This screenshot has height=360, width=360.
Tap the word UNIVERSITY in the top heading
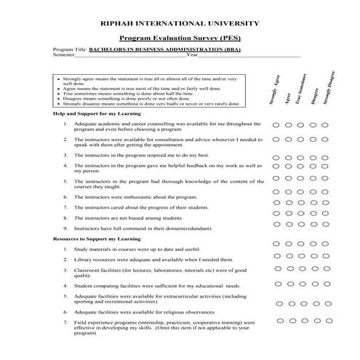click(232, 23)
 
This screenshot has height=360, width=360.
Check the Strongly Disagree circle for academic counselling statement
click(325, 126)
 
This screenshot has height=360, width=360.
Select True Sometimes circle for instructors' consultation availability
click(301, 142)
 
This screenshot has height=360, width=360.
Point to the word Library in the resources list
click(83, 259)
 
